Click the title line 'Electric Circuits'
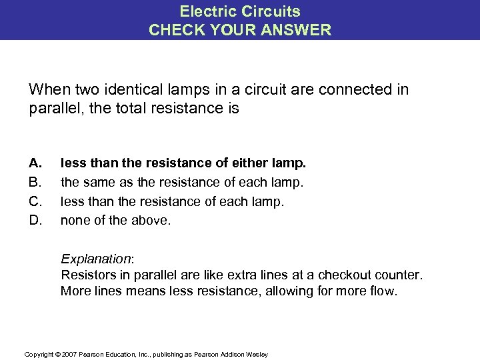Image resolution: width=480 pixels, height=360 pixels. pyautogui.click(x=240, y=11)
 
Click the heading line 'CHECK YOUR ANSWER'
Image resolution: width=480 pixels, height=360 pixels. pyautogui.click(x=240, y=29)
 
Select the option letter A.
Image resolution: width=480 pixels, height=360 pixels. pyautogui.click(x=35, y=163)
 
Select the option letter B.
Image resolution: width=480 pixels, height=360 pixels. pyautogui.click(x=35, y=181)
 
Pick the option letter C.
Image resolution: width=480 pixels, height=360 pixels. pyautogui.click(x=35, y=200)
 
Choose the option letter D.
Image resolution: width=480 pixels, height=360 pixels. pyautogui.click(x=35, y=219)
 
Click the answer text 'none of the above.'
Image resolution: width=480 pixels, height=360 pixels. pyautogui.click(x=116, y=219)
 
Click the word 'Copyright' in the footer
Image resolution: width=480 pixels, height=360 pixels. pyautogui.click(x=37, y=354)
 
